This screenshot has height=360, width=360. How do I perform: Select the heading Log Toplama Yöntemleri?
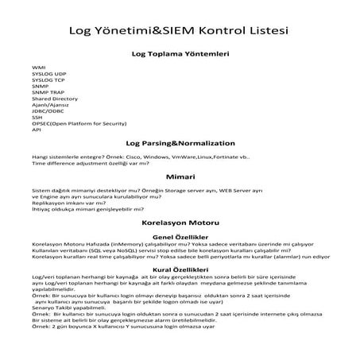(180, 55)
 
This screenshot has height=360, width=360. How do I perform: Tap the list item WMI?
(37, 68)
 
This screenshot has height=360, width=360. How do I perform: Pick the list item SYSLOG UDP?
(49, 75)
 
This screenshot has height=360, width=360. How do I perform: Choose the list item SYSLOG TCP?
(48, 81)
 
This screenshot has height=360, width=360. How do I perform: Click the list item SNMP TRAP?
(47, 93)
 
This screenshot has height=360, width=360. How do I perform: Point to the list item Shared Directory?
(55, 99)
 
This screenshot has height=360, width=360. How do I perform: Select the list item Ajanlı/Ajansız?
(51, 106)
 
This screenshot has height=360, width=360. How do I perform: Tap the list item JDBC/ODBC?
(48, 112)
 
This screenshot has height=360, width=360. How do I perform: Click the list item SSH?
(37, 118)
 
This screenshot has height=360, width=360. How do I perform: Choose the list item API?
(37, 130)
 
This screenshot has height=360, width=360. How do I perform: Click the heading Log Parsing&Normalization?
(180, 143)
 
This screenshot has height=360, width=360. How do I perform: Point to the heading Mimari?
(180, 176)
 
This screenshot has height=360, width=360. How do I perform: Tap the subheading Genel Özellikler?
(180, 237)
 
